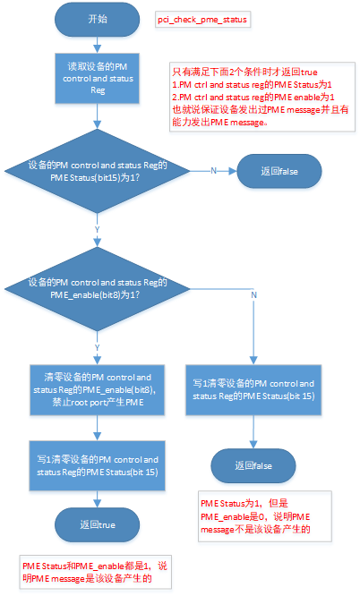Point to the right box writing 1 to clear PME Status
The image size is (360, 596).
tap(253, 389)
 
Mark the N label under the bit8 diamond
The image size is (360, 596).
tap(254, 294)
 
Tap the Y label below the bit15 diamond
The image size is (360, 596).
tap(96, 229)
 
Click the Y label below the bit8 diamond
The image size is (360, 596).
tap(96, 347)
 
